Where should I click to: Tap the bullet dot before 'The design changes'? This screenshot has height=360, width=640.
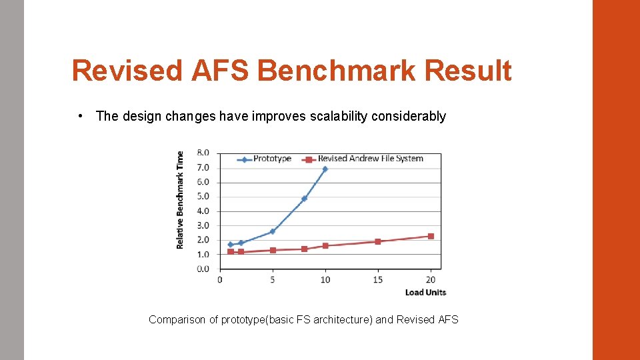(x=80, y=116)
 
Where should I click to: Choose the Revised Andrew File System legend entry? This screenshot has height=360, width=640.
(x=370, y=159)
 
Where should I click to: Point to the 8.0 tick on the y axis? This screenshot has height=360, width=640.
(x=202, y=153)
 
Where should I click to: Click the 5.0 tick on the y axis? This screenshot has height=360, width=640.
(x=202, y=197)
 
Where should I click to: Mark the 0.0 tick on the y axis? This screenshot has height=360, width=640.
(x=202, y=269)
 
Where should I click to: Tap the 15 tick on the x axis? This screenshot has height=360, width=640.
(x=377, y=280)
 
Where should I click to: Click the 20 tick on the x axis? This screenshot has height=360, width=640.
(x=431, y=280)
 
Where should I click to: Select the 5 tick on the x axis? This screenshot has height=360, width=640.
(x=273, y=280)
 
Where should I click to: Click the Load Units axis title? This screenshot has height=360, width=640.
(x=425, y=292)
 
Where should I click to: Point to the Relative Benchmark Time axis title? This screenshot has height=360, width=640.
(x=180, y=200)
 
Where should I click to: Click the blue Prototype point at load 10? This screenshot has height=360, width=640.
(x=325, y=169)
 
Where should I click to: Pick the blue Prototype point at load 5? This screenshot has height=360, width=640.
(x=273, y=231)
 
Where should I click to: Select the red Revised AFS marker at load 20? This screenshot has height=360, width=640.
(x=431, y=236)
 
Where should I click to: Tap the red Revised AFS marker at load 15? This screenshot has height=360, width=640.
(x=377, y=241)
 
